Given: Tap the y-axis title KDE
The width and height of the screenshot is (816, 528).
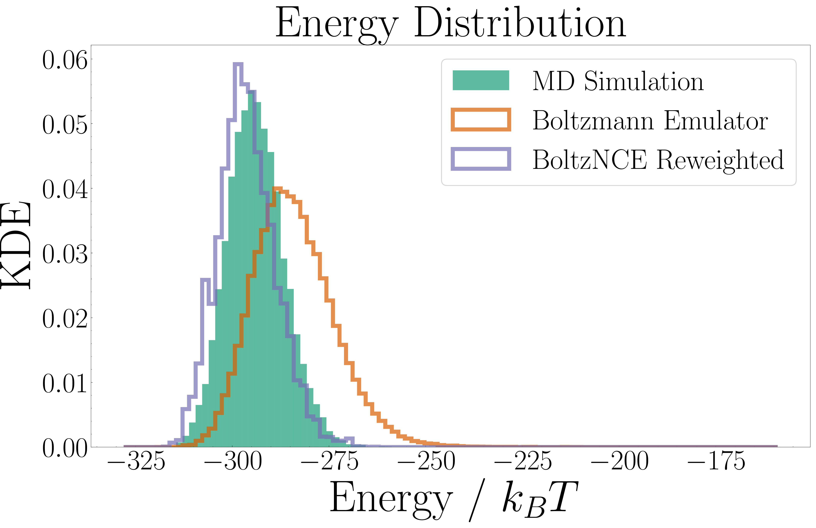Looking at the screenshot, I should click(x=16, y=245).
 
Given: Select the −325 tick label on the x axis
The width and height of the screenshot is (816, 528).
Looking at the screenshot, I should click(x=136, y=461).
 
